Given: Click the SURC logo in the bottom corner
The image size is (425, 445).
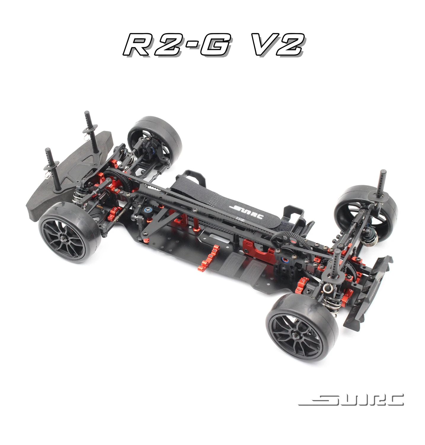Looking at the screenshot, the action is point(351,400).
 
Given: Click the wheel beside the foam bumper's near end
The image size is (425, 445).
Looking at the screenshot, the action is point(70,231).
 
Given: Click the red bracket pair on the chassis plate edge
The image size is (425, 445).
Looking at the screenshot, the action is point(209,255).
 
